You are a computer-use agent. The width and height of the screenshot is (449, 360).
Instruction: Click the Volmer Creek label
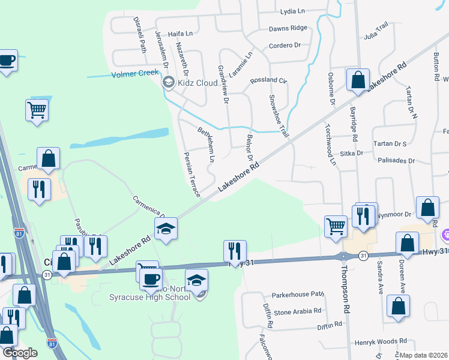134,74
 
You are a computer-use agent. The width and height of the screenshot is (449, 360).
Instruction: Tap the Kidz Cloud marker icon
169,83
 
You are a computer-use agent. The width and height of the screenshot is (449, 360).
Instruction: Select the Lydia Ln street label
293,11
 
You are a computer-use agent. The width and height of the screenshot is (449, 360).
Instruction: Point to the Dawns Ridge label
288,28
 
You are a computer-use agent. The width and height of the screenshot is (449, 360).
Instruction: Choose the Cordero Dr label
285,46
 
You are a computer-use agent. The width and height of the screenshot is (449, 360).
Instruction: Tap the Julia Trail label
376,31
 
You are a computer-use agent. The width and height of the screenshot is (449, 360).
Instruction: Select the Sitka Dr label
352,153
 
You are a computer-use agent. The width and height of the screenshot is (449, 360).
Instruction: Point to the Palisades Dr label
396,161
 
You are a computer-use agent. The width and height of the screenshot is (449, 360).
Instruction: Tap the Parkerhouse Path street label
298,295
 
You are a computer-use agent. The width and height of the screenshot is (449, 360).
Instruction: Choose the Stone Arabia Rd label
298,312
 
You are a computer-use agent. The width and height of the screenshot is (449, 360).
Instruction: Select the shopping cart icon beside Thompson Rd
336,226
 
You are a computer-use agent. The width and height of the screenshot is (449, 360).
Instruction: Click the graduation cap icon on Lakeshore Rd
166,228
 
